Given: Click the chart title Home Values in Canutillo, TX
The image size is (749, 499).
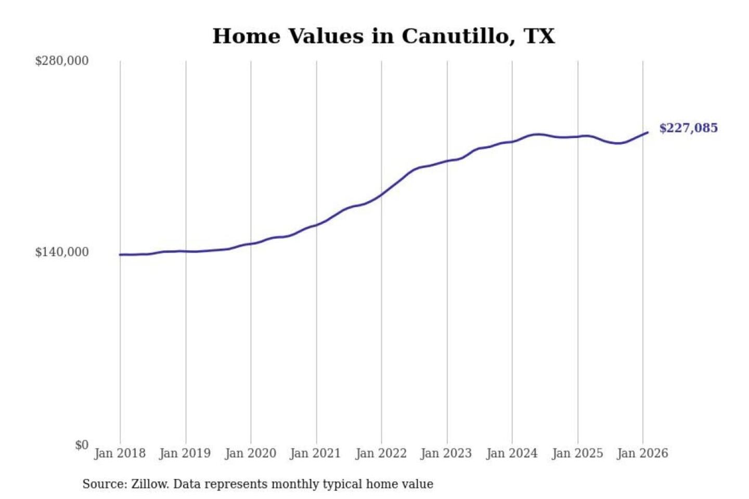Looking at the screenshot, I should tap(383, 36).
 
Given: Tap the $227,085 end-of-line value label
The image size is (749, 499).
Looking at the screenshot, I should tap(688, 128).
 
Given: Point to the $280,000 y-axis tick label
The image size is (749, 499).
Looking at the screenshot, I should tap(62, 61).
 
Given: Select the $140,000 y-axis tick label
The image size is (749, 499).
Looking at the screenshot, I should tap(62, 252).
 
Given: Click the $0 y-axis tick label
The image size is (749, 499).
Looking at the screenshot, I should tap(82, 445).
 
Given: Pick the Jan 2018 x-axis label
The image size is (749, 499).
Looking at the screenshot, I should tap(120, 453).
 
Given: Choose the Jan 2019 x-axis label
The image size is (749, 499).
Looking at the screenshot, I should tap(185, 453).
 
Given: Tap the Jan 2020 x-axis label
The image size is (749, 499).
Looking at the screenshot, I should tap(250, 453).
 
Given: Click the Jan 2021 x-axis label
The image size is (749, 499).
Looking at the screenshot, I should tap(315, 453).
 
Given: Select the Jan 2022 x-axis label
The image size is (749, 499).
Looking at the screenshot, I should tap(381, 453).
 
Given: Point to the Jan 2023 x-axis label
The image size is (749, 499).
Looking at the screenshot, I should tap(446, 453).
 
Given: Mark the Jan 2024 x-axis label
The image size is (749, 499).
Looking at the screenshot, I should tap(511, 453).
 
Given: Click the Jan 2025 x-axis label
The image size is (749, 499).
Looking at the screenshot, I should tap(577, 453).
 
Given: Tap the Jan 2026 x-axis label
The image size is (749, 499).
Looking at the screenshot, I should tap(642, 453).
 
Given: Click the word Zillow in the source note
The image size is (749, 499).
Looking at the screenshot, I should tap(150, 484).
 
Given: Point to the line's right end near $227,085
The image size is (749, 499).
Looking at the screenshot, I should tap(648, 133).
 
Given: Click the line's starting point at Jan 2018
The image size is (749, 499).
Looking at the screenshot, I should tap(120, 255).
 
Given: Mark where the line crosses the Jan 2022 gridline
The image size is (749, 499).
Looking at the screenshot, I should tap(381, 195).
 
